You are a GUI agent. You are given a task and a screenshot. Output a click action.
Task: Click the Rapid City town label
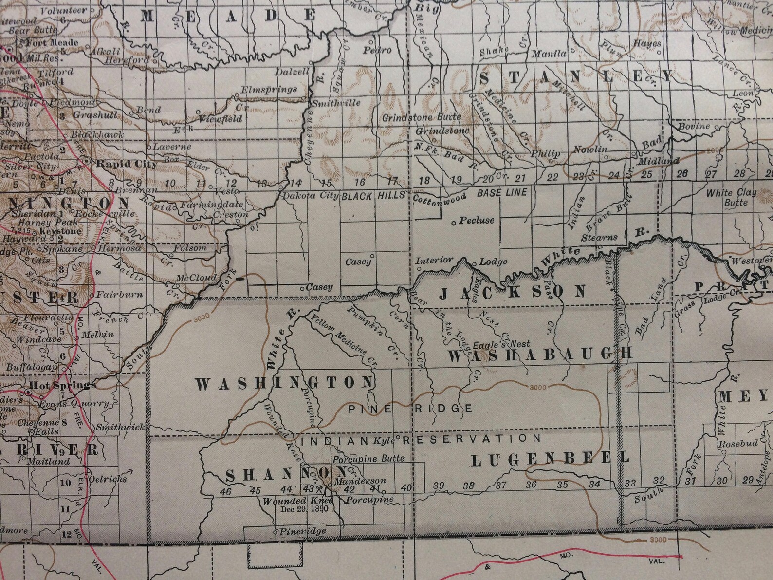(126, 164)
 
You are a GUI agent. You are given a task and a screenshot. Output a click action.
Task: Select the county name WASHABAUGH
(540, 355)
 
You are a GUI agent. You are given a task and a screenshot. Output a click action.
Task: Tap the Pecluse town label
(477, 221)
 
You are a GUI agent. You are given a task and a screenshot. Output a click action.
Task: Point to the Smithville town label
(336, 103)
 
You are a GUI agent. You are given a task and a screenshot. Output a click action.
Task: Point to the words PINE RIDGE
(410, 409)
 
